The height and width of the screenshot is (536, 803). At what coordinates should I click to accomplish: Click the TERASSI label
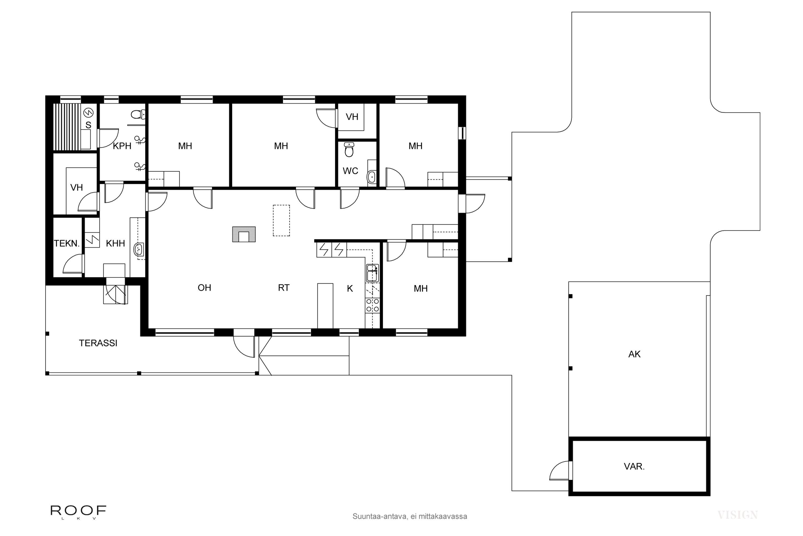point(98,343)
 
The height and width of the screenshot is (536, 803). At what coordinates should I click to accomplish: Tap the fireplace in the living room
point(244,234)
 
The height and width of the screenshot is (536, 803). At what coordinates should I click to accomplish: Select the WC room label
point(350,171)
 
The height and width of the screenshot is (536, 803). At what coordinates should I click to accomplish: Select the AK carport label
point(634,354)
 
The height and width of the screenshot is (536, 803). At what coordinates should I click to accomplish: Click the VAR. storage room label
point(634,467)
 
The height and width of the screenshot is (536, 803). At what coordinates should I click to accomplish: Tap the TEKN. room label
point(67,244)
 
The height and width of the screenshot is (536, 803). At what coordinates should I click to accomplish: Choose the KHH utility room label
point(115,244)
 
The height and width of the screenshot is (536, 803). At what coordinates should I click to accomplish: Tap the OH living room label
point(204,288)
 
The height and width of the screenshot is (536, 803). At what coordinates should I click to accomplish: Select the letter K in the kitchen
point(350,289)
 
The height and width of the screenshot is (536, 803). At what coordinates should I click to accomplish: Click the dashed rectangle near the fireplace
point(281,221)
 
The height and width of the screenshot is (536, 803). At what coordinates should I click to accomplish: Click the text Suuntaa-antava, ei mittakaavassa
point(410,516)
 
